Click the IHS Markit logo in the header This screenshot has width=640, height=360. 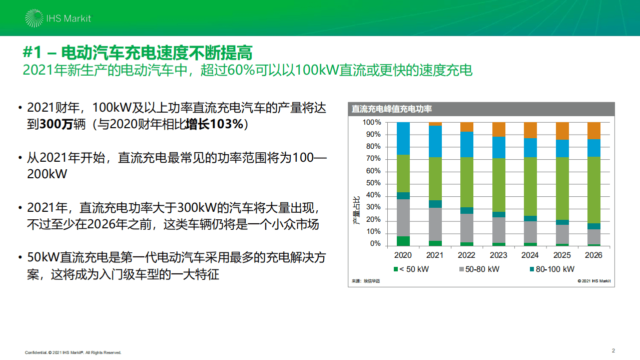(58, 19)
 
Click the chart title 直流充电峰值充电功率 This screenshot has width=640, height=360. (391, 109)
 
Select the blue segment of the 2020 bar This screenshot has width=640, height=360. (403, 138)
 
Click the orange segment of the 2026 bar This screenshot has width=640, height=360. (593, 130)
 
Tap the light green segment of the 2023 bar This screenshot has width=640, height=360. (498, 184)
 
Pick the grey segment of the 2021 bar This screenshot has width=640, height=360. (435, 224)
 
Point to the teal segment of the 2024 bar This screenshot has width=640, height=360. (530, 218)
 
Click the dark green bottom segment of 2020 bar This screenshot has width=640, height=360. (403, 240)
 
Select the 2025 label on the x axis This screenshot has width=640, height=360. (562, 255)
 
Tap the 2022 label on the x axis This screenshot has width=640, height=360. (466, 255)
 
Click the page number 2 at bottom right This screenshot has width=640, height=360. (613, 350)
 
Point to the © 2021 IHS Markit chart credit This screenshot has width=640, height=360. (594, 281)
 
